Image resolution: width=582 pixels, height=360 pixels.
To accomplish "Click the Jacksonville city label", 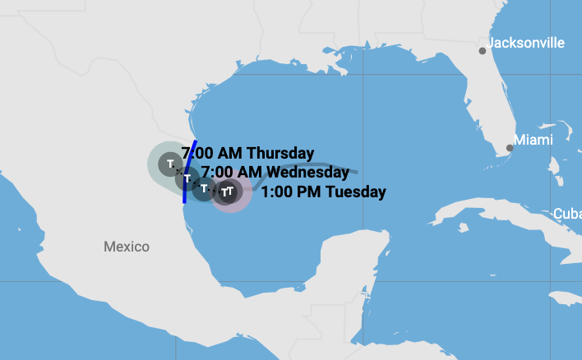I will point(526,43).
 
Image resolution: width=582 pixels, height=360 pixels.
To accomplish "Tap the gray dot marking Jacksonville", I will point(483,51).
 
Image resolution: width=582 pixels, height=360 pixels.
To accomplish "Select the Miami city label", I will point(533,141).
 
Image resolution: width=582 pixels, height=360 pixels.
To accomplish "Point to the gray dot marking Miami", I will point(510,148).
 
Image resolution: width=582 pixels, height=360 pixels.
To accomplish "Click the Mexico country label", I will point(127,247).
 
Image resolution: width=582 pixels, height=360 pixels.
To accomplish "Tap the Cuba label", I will point(567,214).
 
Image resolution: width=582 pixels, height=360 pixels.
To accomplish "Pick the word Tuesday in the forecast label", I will point(356,192).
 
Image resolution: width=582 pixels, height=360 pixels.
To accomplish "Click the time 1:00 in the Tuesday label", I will point(276,192).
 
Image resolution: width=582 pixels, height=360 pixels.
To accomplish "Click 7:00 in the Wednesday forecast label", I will point(215,173).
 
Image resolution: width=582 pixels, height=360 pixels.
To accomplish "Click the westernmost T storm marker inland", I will point(170,164).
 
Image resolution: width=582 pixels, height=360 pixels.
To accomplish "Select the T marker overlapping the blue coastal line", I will point(187,178).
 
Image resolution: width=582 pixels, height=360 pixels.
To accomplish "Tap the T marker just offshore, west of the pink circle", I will point(204,188).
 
